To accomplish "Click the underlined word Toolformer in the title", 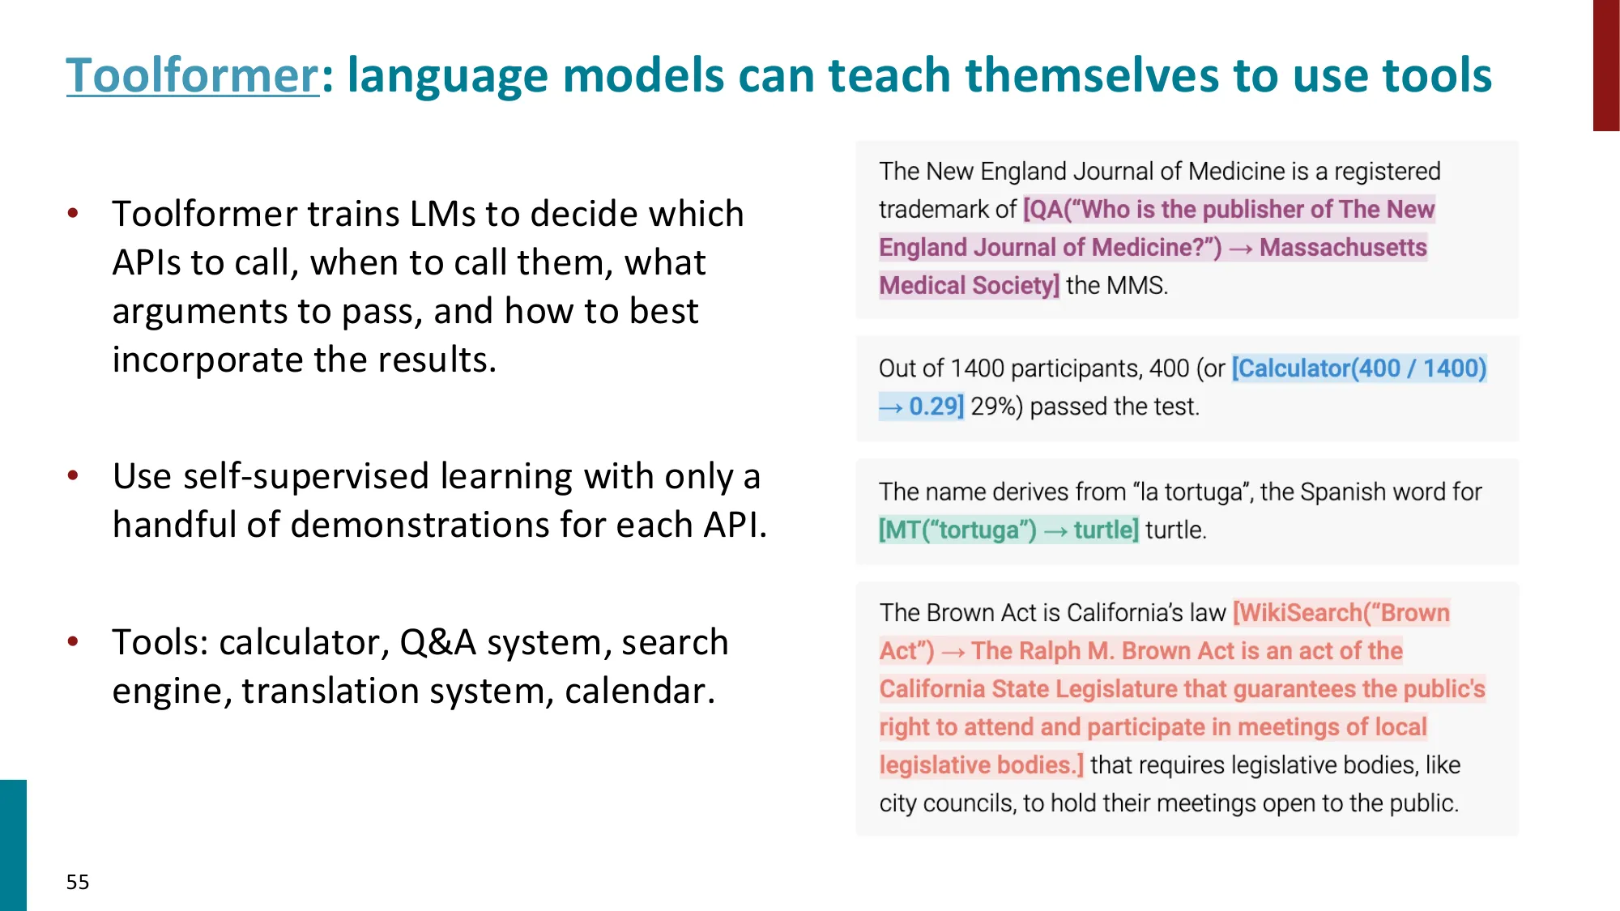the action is point(193,75).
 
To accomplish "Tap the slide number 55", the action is point(78,882).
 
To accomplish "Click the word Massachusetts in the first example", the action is point(1343,247).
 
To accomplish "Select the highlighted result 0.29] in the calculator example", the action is point(936,406).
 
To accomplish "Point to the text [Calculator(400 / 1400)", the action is point(1359,368).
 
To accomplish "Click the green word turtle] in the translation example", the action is point(1106,530).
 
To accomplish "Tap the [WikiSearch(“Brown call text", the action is point(1341,613).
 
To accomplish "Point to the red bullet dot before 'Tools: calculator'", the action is point(73,642).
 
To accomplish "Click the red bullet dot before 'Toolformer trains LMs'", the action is point(73,214).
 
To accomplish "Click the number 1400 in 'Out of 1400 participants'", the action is point(977,368).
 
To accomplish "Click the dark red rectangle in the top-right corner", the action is point(1606,66).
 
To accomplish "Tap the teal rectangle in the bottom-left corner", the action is point(13,845).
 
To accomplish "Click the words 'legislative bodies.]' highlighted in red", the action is point(982,765).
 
